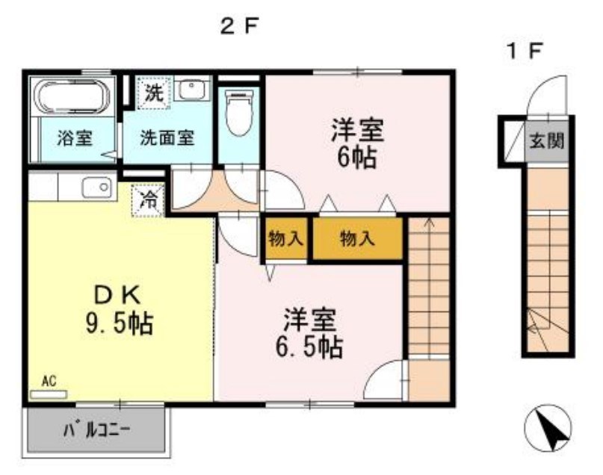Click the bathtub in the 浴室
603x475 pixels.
point(73,97)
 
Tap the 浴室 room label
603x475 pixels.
point(74,138)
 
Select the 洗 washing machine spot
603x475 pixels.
point(153,93)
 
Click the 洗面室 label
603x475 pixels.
point(168,138)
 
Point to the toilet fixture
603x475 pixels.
point(240,114)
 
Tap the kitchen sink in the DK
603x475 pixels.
point(95,188)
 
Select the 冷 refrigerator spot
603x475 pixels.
point(149,199)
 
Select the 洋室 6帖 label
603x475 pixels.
point(357,143)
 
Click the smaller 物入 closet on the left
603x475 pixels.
point(285,239)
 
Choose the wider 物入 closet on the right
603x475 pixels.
point(356,239)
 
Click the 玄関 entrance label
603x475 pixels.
point(547,140)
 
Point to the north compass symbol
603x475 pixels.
point(548,431)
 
